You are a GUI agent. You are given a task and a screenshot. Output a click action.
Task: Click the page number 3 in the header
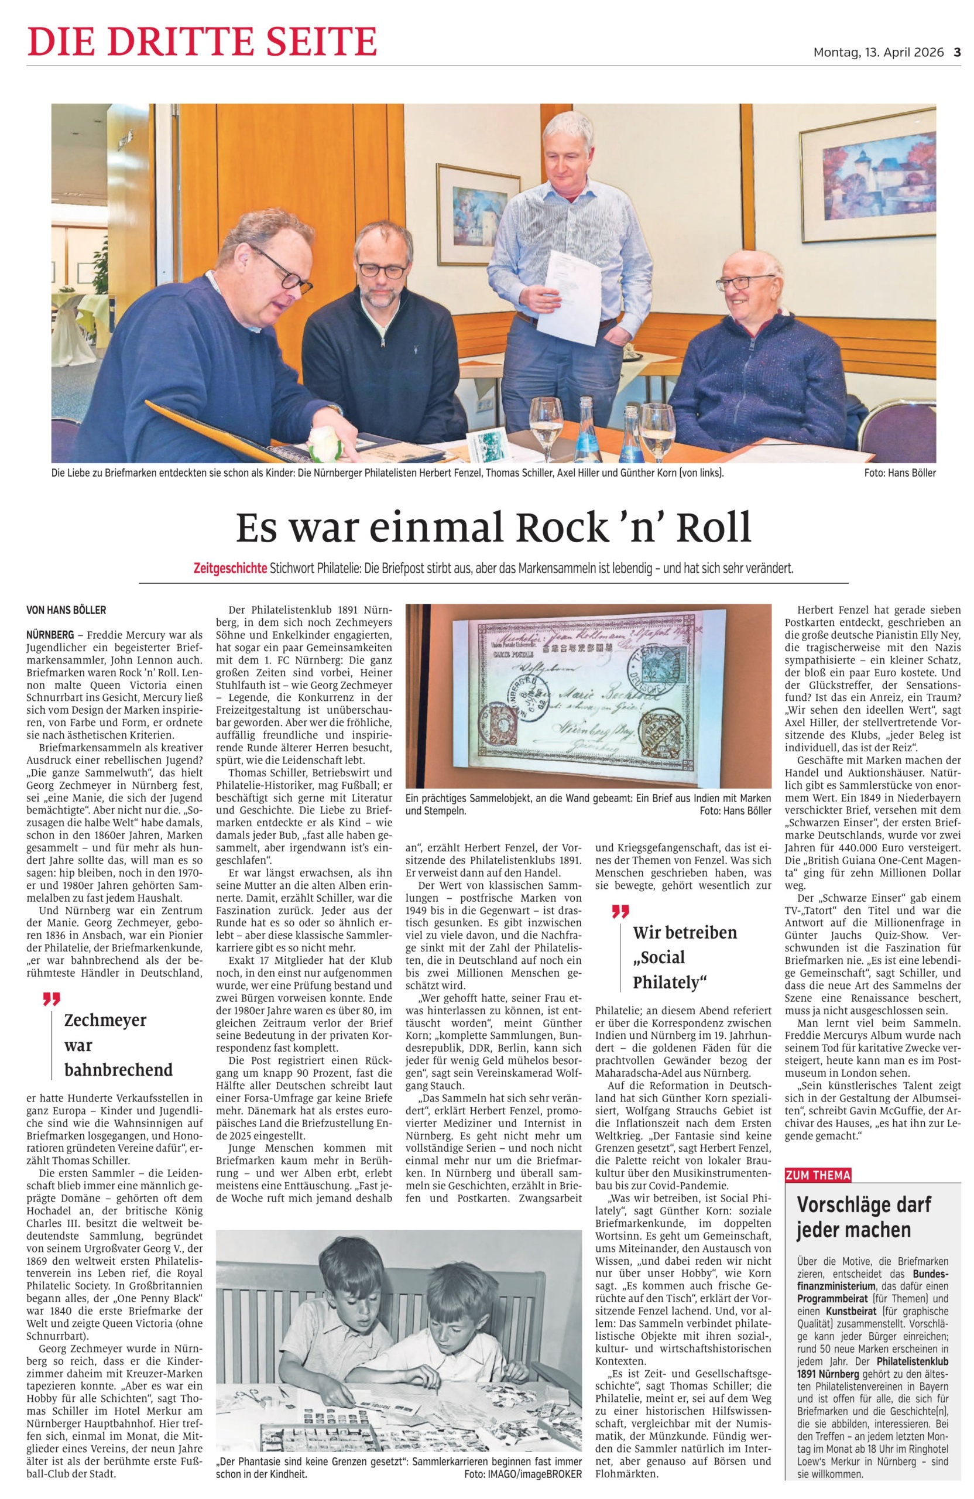point(956,52)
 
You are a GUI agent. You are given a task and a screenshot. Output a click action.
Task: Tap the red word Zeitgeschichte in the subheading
point(230,568)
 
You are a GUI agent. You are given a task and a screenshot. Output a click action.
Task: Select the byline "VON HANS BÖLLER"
point(66,610)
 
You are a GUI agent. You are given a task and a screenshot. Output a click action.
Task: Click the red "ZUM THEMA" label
point(817,1175)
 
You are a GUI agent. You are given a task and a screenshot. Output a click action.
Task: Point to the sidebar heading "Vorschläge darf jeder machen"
point(854,1217)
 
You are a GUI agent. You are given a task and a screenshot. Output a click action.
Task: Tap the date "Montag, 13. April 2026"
point(879,52)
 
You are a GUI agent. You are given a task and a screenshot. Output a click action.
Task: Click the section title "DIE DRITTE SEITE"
point(202,42)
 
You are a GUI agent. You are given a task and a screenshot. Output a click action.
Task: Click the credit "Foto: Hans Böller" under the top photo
point(900,473)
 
